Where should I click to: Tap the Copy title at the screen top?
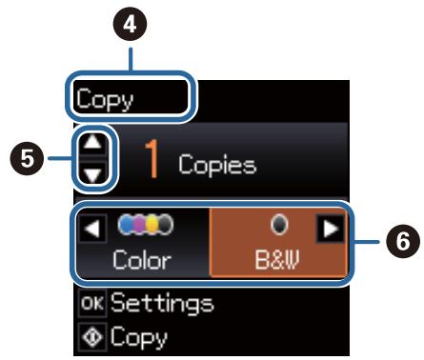[106, 98]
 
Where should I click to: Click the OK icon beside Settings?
[91, 305]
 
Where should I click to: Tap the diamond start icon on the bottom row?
[91, 336]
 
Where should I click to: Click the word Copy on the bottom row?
[137, 336]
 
